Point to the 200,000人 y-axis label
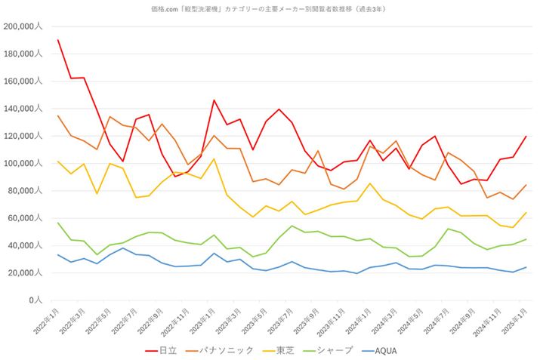point(25,26)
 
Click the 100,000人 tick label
point(25,164)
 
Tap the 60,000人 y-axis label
point(27,218)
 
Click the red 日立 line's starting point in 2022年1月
point(57,40)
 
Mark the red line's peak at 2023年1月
point(214,100)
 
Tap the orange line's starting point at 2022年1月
point(57,115)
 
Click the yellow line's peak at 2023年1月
point(214,159)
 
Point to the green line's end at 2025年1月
point(526,239)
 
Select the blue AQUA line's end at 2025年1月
point(526,267)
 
